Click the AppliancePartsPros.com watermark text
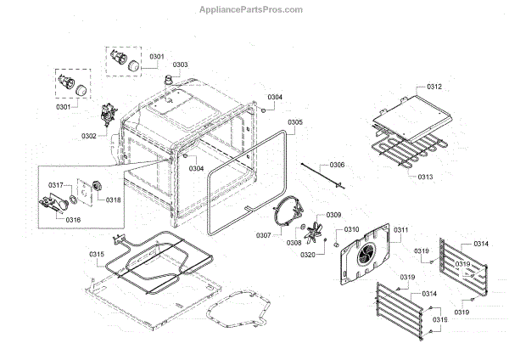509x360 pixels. [255, 10]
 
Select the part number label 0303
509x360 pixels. [181, 65]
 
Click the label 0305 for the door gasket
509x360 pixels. [294, 122]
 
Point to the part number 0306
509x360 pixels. [338, 164]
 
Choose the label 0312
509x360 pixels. [433, 87]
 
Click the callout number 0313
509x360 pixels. [425, 177]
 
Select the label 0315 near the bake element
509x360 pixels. [97, 254]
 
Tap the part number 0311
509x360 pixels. [400, 229]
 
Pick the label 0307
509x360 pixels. [264, 234]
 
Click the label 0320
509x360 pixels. [308, 254]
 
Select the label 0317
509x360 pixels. [56, 184]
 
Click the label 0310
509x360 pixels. [351, 229]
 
